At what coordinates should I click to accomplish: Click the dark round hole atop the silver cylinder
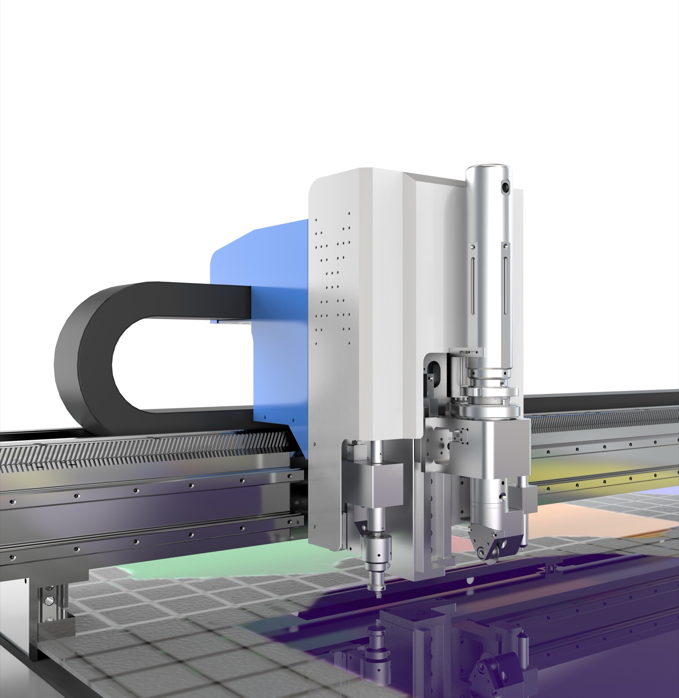[x=505, y=187]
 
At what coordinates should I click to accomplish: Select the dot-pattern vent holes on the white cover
[x=332, y=279]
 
